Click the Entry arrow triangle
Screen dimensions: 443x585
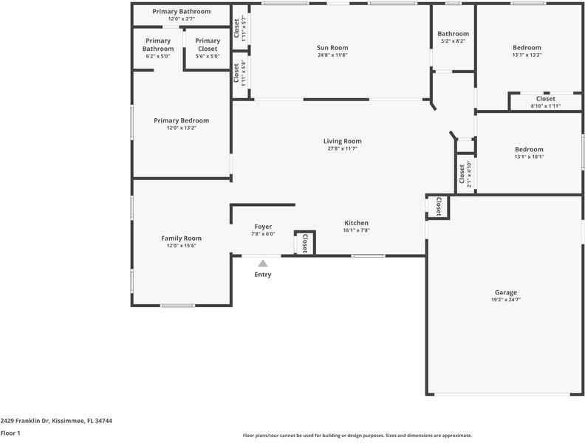(262, 263)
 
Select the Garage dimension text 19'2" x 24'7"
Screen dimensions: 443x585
(506, 300)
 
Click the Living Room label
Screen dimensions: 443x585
(342, 141)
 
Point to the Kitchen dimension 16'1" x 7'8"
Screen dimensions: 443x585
(356, 230)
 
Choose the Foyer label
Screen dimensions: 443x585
(263, 227)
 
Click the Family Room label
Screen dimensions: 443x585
(181, 238)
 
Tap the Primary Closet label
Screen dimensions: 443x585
(208, 44)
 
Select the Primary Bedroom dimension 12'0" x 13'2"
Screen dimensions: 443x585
(181, 128)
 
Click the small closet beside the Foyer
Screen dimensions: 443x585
(304, 243)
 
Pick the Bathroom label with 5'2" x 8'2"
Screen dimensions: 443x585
(453, 34)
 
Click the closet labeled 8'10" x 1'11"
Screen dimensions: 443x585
(545, 102)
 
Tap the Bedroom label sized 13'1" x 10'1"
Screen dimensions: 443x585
(528, 149)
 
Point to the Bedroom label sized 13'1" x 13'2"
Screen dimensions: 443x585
(527, 48)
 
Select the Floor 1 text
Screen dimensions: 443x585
(10, 433)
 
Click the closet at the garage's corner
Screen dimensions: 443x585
(438, 207)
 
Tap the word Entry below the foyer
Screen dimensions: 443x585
(263, 275)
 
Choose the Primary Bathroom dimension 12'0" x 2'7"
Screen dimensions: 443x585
(181, 19)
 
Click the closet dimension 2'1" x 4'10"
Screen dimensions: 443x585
(470, 175)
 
